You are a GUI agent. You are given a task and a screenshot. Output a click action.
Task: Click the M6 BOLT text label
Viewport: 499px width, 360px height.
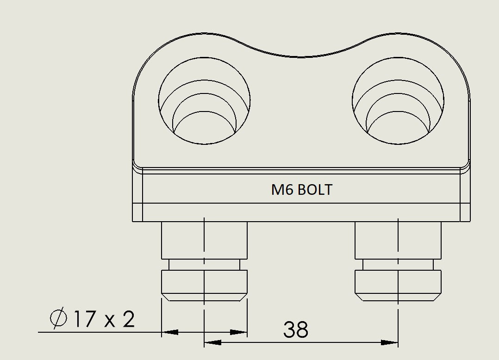(x=302, y=190)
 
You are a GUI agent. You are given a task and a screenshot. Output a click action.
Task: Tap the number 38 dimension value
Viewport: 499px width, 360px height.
(x=296, y=329)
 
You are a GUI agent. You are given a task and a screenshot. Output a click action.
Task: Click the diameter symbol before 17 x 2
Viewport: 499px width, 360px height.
(x=58, y=318)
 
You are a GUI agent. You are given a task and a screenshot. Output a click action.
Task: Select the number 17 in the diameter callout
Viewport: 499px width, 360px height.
(x=85, y=319)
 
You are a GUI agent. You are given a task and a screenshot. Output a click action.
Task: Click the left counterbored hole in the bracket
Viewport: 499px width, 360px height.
(x=204, y=101)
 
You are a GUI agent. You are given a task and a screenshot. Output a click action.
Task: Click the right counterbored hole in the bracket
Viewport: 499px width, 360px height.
(x=398, y=101)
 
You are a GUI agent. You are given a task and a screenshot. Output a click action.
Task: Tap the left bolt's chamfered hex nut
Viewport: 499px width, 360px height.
(x=204, y=285)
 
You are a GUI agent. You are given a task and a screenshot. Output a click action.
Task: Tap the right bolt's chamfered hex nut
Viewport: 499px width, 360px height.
(x=398, y=285)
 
